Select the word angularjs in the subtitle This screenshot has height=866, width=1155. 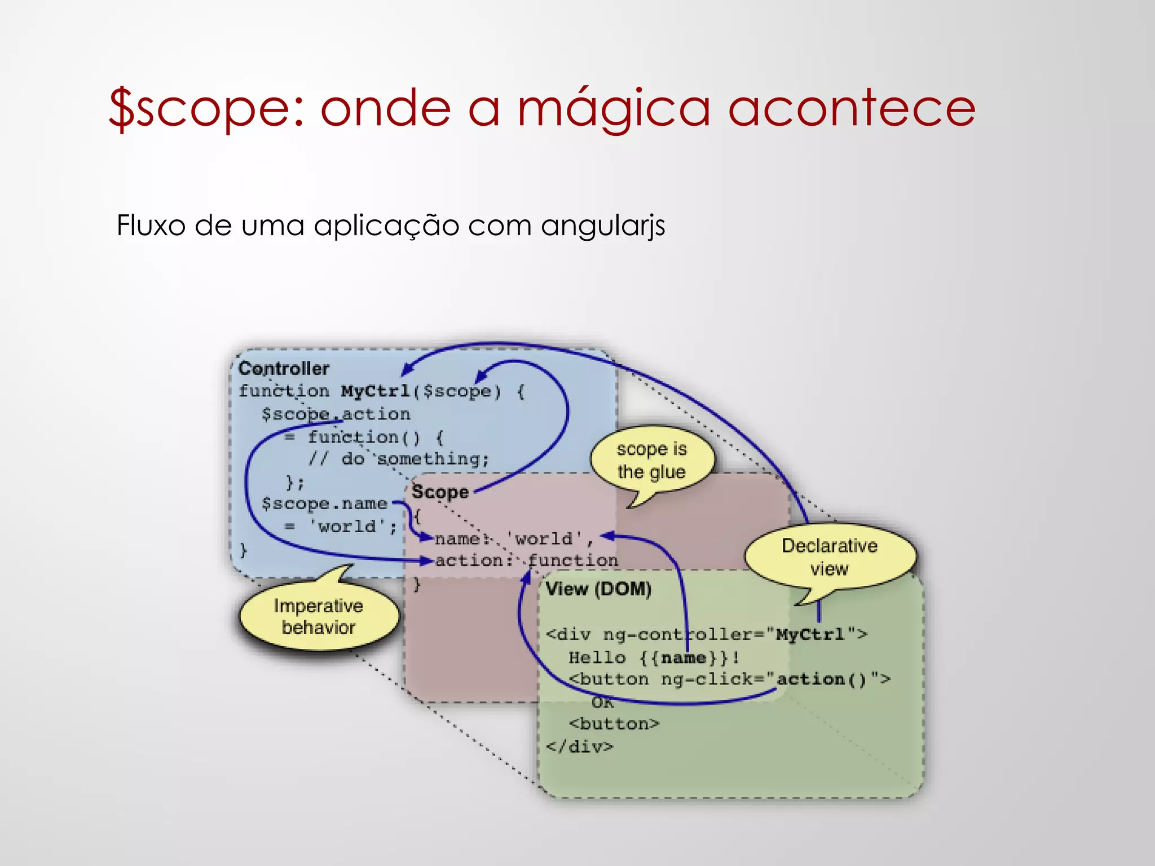pyautogui.click(x=603, y=226)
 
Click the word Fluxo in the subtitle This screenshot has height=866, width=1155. pyautogui.click(x=151, y=225)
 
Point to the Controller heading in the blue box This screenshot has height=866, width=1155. pyautogui.click(x=284, y=369)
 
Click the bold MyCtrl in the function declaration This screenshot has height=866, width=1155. pyautogui.click(x=376, y=391)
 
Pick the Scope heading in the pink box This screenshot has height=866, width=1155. pyautogui.click(x=440, y=492)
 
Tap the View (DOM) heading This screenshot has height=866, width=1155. pyautogui.click(x=598, y=589)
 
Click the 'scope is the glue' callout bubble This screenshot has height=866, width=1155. pyautogui.click(x=652, y=461)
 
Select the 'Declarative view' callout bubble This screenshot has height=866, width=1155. pyautogui.click(x=830, y=557)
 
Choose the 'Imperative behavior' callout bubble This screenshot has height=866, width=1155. pyautogui.click(x=319, y=617)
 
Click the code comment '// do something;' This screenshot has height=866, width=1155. pyautogui.click(x=398, y=459)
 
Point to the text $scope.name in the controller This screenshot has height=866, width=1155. pyautogui.click(x=324, y=503)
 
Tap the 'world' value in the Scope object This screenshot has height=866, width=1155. pyautogui.click(x=544, y=539)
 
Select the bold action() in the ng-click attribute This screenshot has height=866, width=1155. pyautogui.click(x=821, y=679)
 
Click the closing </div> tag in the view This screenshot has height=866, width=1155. pyautogui.click(x=579, y=747)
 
